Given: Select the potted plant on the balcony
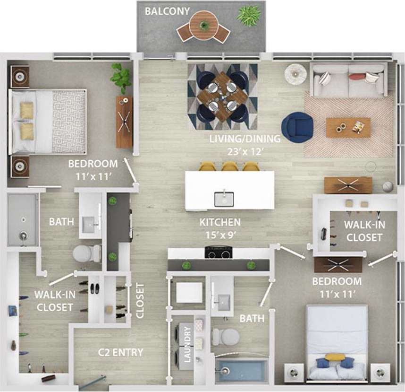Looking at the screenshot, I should pyautogui.click(x=249, y=15).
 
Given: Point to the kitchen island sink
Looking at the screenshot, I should pyautogui.click(x=224, y=199).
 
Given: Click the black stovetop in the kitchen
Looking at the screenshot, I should pyautogui.click(x=218, y=253).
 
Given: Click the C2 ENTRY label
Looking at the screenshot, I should pyautogui.click(x=120, y=352).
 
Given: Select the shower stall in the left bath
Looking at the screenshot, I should pyautogui.click(x=22, y=219).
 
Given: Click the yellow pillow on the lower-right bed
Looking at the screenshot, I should pyautogui.click(x=335, y=357).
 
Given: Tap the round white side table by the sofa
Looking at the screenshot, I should pyautogui.click(x=295, y=74).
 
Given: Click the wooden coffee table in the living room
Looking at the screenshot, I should pyautogui.click(x=348, y=127).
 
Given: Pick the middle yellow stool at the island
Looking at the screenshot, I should pyautogui.click(x=229, y=166).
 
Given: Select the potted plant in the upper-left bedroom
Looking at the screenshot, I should pyautogui.click(x=121, y=77).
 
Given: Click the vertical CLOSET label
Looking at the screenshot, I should pyautogui.click(x=140, y=300).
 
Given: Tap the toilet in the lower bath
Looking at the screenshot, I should pyautogui.click(x=226, y=337).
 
